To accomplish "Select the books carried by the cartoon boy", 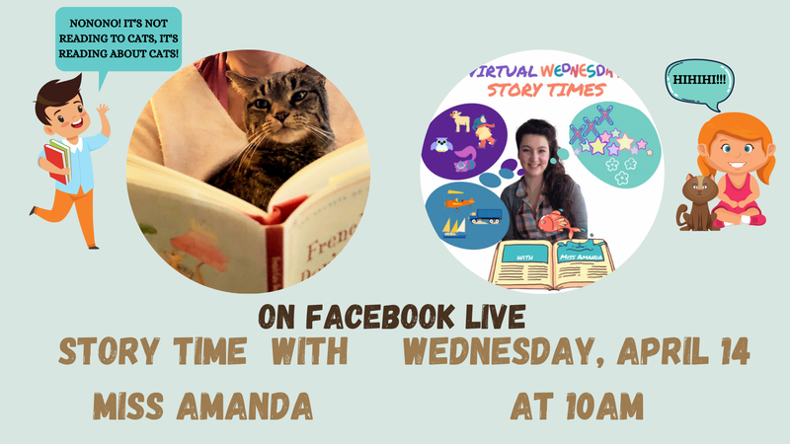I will pos(56,158).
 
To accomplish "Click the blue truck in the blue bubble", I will pos(485,214).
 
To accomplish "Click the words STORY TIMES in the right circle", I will pos(542,90).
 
